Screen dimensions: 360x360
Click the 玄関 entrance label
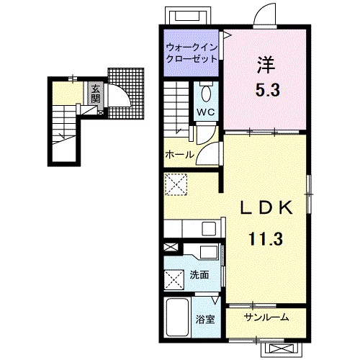95,94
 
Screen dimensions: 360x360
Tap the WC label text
206,112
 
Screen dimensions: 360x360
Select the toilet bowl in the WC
206,94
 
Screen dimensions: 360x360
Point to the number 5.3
268,90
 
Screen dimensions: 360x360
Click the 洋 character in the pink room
266,65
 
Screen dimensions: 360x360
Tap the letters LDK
266,207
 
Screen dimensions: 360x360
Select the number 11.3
266,238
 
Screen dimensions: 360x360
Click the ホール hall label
179,155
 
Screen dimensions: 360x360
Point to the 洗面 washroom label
199,275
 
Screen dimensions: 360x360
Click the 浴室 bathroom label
205,320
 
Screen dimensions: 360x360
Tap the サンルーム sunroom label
266,318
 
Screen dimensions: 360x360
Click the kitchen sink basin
209,229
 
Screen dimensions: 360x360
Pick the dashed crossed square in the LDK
176,184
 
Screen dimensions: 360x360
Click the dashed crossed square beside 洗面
174,280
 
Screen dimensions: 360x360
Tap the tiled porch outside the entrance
126,93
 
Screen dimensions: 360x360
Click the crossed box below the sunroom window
281,348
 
